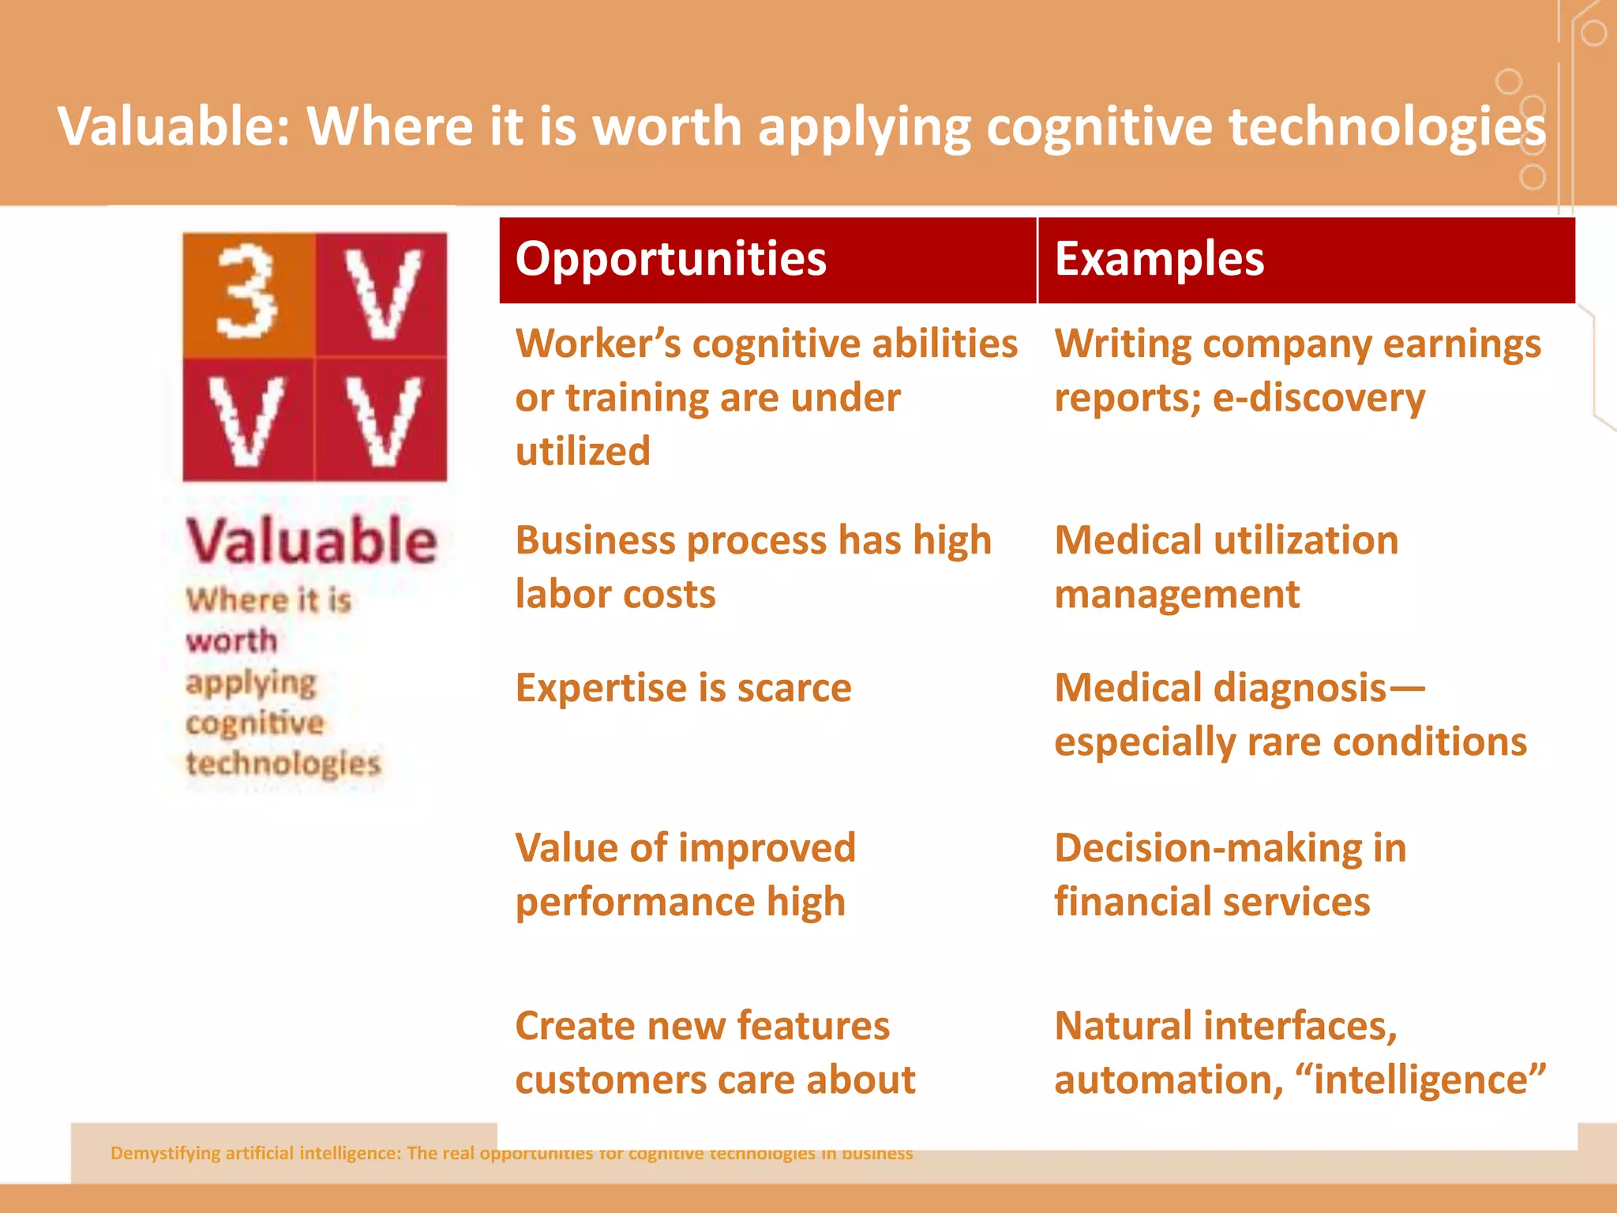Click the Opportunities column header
(670, 259)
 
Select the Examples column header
(1159, 259)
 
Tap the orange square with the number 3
(248, 293)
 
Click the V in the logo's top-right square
(383, 293)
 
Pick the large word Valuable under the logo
(311, 541)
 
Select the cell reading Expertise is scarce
(683, 688)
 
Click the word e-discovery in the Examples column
(1319, 397)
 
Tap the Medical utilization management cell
(1225, 567)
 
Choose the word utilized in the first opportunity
(583, 451)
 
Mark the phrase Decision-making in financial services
(1229, 874)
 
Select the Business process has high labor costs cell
(752, 567)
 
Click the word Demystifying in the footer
(165, 1153)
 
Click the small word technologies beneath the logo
(283, 764)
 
